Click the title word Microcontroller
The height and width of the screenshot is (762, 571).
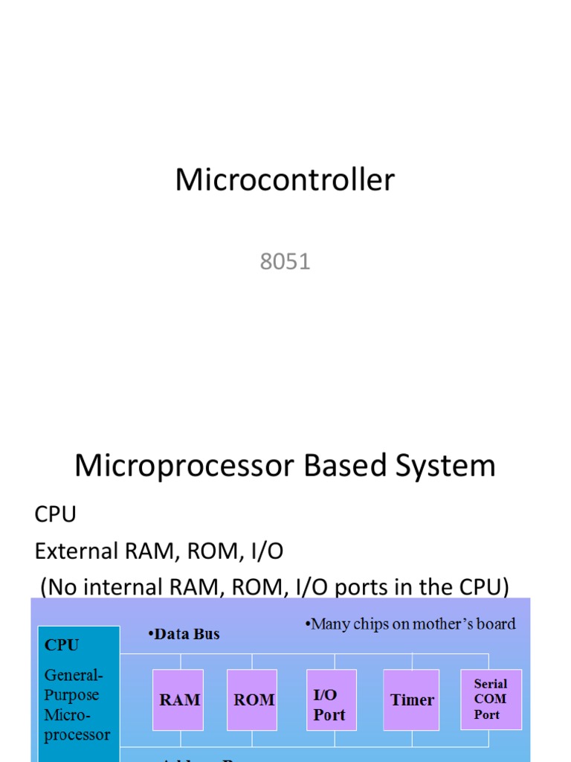click(285, 180)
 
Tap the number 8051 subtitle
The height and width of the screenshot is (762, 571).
click(285, 262)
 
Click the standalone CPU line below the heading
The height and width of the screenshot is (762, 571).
click(56, 514)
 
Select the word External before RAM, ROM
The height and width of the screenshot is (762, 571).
click(77, 551)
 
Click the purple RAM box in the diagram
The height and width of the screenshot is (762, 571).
click(180, 699)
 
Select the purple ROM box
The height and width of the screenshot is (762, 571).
click(254, 699)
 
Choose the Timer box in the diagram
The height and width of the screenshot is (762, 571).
click(412, 699)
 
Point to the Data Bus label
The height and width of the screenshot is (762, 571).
click(184, 634)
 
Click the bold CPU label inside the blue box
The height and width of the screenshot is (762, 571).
click(62, 645)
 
